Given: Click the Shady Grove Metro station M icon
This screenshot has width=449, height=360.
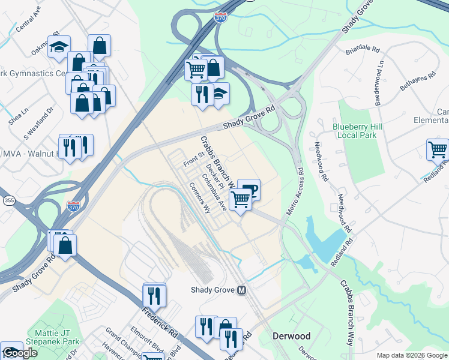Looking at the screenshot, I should coord(242,290).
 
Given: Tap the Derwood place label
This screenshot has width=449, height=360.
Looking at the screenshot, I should coord(292,336).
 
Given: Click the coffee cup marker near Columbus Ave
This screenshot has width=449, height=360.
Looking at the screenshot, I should coord(249,190).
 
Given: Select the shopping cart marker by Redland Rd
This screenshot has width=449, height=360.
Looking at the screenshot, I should coord(438,150).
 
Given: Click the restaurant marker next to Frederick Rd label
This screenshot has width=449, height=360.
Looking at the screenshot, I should coord(154,295).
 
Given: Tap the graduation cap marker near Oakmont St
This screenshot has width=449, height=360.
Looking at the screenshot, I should coord(59,47).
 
